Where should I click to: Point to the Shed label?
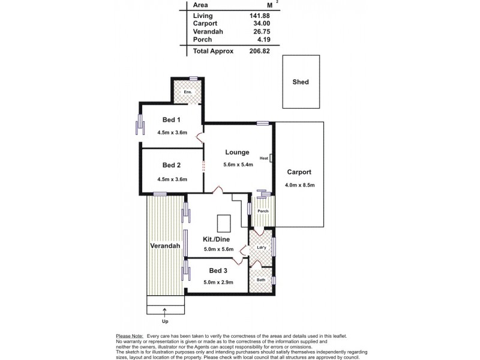(x=301, y=82)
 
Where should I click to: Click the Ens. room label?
(x=188, y=92)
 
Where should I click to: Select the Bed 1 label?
(x=172, y=119)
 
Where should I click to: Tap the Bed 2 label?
(x=172, y=165)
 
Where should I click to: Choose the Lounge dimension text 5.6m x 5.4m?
(x=238, y=166)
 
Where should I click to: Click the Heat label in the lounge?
(x=263, y=159)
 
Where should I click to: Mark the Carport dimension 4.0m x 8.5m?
(x=300, y=185)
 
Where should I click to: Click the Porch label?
(x=262, y=211)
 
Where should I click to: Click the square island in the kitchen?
(x=224, y=223)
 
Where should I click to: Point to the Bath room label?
(x=261, y=280)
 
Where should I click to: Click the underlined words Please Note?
(x=129, y=336)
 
